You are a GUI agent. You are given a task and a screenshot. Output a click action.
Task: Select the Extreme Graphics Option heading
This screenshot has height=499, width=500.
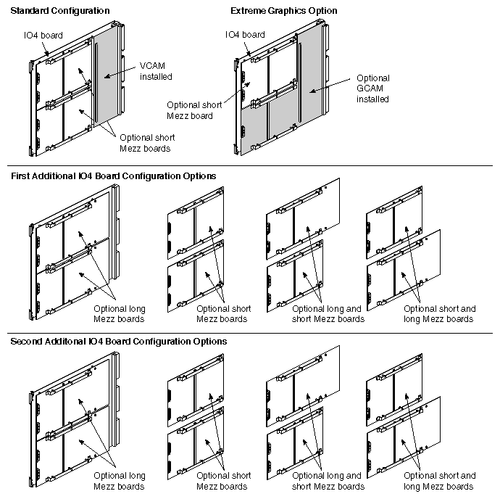pos(283,11)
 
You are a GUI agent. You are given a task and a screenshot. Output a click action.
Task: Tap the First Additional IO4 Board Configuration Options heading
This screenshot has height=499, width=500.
pos(112,176)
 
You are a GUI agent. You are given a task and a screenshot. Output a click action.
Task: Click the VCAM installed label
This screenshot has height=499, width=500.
pos(156,70)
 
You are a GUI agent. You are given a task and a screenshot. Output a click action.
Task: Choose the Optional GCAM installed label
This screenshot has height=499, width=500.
pos(373,88)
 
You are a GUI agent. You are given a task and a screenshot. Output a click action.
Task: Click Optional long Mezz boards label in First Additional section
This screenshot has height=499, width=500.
pos(120,313)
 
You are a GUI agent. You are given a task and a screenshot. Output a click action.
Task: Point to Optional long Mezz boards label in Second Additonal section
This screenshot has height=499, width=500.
pos(120,481)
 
